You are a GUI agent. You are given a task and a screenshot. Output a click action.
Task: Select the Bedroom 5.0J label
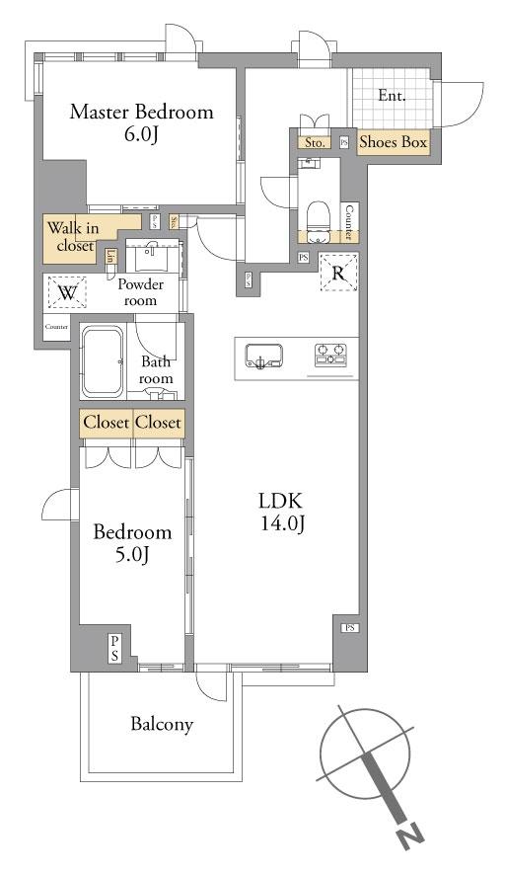132,542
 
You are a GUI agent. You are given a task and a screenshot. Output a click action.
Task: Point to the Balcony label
162,725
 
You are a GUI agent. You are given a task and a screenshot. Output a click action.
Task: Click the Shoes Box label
393,143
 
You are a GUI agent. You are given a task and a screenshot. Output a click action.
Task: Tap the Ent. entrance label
393,96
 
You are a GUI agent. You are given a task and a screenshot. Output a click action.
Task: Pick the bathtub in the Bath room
101,360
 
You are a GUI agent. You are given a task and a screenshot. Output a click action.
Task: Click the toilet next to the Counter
319,215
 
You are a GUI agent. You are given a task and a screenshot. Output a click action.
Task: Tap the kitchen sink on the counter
262,356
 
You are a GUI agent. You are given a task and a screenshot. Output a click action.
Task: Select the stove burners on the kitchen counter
333,355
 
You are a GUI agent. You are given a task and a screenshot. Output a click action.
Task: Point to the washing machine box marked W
67,293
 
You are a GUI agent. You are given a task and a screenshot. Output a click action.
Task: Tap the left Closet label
106,423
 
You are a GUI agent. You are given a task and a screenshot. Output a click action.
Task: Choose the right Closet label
158,423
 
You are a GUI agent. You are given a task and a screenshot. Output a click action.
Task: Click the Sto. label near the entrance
315,143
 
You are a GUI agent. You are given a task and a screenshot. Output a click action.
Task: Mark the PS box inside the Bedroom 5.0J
115,648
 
